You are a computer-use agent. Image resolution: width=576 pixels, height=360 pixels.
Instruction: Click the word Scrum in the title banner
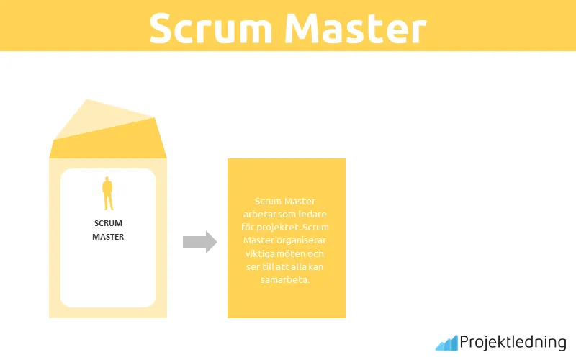coord(210,29)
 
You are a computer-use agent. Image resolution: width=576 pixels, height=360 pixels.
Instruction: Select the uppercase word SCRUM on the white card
coord(108,223)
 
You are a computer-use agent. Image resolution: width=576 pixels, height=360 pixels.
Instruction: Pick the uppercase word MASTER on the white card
coord(108,236)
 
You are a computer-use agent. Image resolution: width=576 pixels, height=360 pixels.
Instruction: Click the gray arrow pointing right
coord(199,242)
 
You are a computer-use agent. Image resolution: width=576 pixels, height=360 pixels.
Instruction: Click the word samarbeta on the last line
coord(285,279)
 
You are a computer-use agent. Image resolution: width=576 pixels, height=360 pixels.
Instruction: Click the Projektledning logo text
coord(513,343)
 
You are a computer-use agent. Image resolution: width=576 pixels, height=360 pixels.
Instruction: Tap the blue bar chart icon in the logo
coord(446,343)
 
